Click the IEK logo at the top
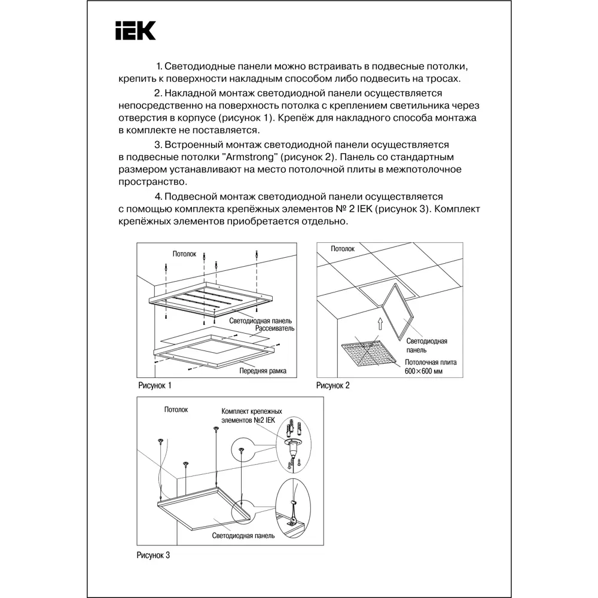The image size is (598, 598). coord(135,30)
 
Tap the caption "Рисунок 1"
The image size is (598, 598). coord(154,386)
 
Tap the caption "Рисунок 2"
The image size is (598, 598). coord(332,386)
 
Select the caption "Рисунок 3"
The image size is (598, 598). coord(154,556)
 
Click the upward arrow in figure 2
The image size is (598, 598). coord(379,324)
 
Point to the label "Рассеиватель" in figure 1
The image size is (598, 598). coord(274,329)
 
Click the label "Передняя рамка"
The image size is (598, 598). coord(263,371)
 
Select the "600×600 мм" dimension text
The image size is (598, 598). coord(425,371)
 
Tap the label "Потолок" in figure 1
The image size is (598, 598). coord(185,254)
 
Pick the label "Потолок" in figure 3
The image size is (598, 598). coord(176,410)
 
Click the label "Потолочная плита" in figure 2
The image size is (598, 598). coord(431,362)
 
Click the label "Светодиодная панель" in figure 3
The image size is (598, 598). coord(243,536)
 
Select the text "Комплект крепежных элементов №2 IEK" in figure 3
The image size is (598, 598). coord(251,416)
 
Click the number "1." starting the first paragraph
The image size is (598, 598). coord(159,66)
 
